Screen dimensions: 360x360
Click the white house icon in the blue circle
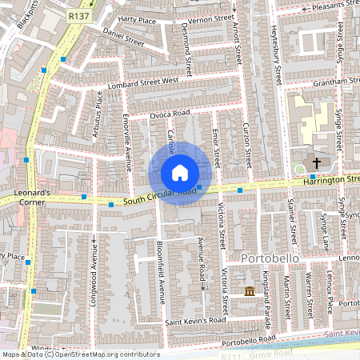coord(180,173)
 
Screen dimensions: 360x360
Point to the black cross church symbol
coord(316,164)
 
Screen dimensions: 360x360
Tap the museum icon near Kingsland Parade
coord(250,290)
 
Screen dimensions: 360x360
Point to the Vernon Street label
coord(210,17)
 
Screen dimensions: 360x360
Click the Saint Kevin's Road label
coord(196,321)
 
